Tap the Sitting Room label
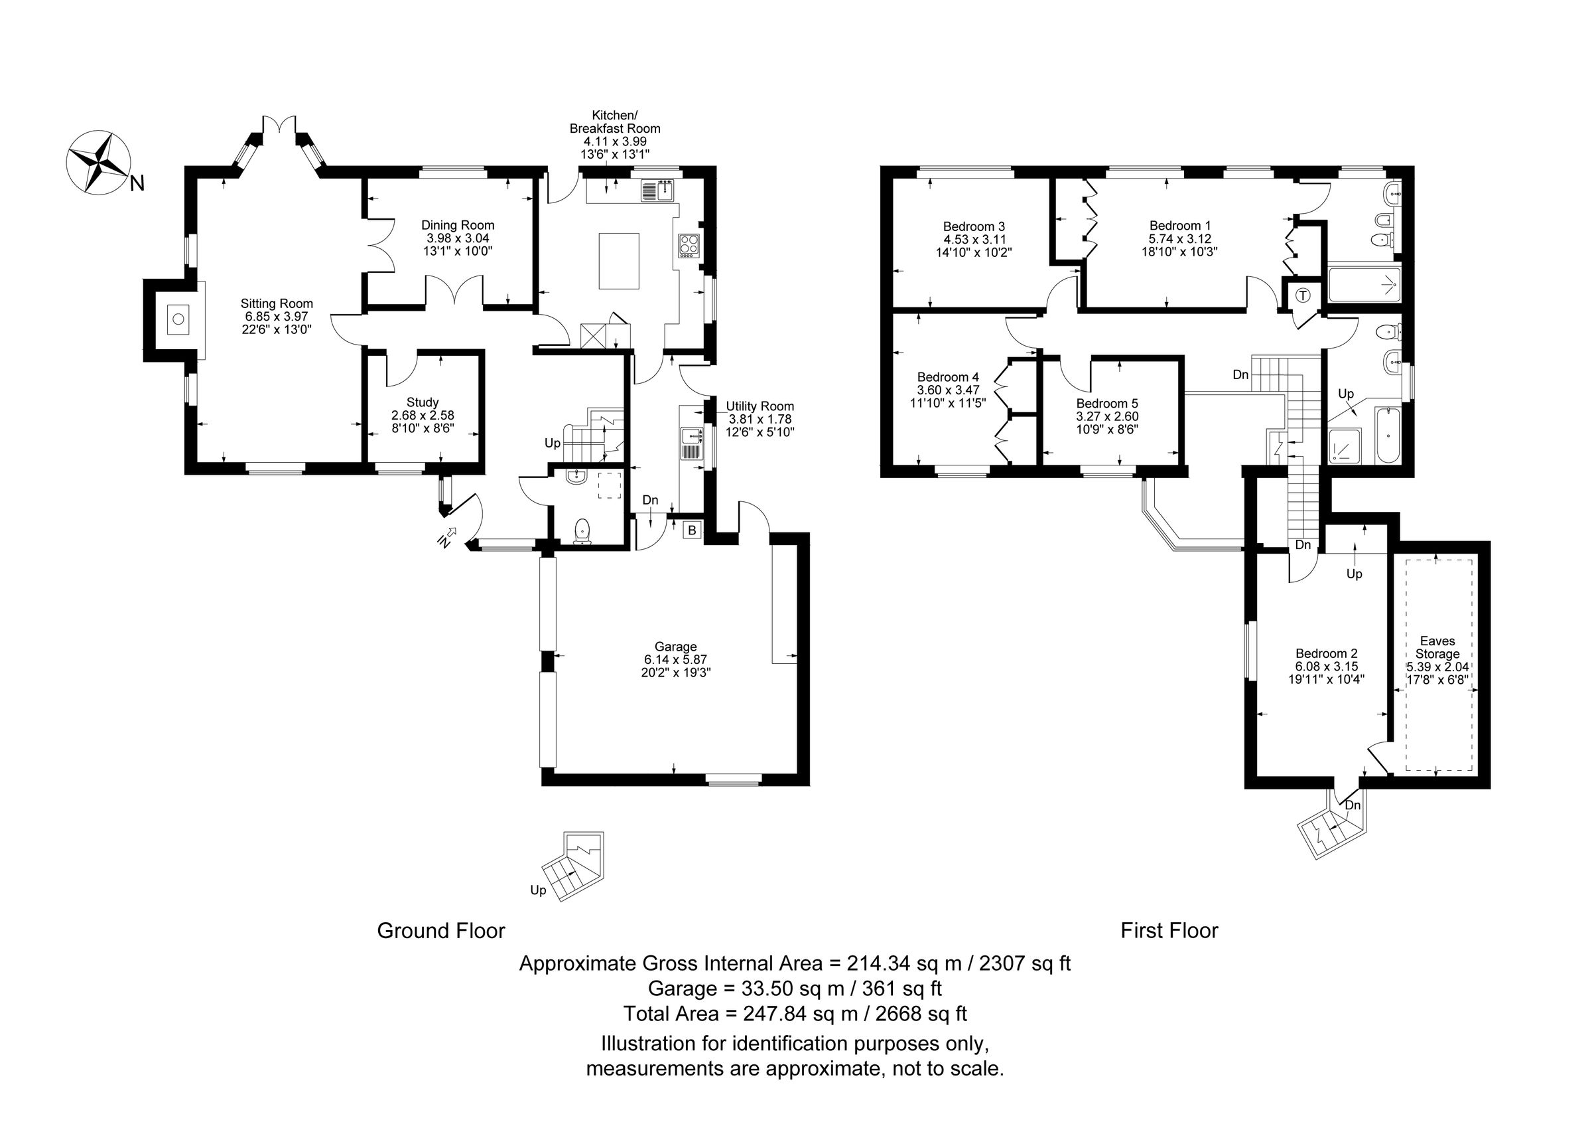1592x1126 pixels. tap(277, 303)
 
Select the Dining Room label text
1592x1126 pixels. tap(458, 225)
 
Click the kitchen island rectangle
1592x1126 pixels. tap(618, 260)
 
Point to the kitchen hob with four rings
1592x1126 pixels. tap(689, 244)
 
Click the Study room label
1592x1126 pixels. tap(423, 402)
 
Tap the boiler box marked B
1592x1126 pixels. tap(691, 530)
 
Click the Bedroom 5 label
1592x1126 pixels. tap(1106, 403)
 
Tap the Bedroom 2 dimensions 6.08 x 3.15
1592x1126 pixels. tap(1327, 666)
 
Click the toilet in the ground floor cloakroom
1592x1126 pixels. tap(583, 531)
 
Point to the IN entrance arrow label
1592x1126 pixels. tap(444, 541)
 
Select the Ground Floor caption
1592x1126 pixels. tap(441, 930)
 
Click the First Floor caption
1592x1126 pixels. tap(1169, 930)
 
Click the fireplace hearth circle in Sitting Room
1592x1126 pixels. tap(178, 320)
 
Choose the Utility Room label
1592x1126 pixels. tap(760, 406)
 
